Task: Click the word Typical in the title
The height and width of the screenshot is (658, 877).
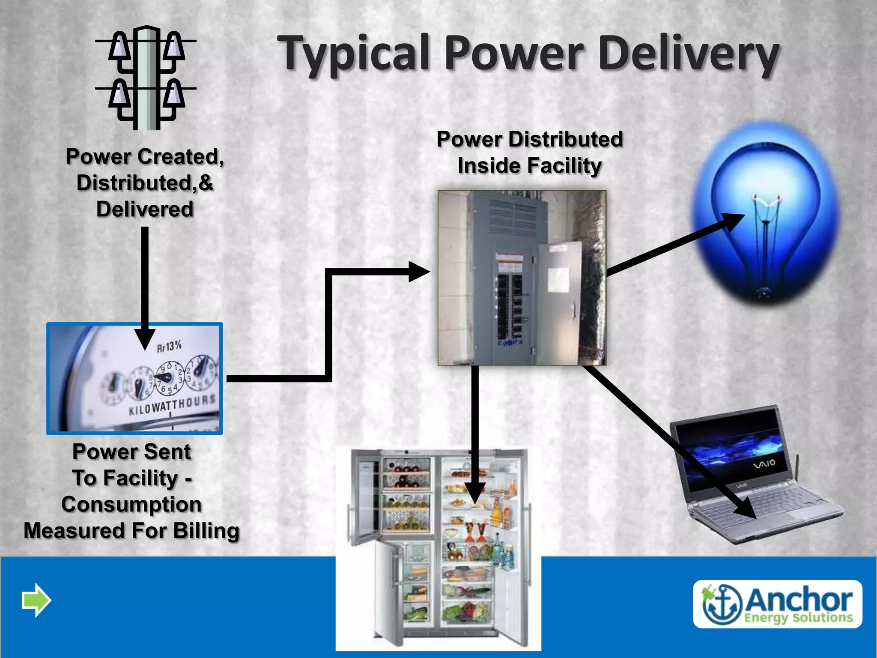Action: tap(353, 54)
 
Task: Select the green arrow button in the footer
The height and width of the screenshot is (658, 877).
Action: tap(36, 600)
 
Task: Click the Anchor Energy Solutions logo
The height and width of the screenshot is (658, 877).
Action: tap(777, 604)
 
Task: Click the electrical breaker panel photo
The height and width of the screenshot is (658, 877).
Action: tap(522, 278)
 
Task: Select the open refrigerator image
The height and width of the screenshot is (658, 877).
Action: tap(439, 548)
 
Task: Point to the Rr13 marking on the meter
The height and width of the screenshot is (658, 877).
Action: tap(169, 346)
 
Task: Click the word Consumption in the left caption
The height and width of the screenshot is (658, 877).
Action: tap(131, 505)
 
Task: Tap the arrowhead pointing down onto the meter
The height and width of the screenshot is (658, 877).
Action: tap(145, 338)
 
